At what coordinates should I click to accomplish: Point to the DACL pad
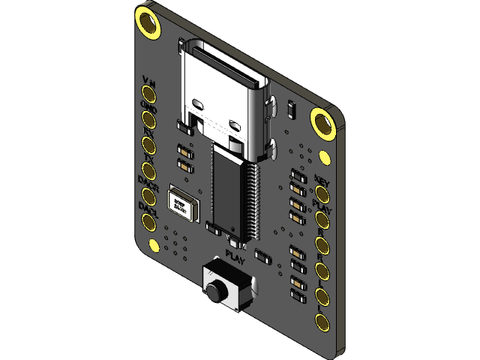click(148, 220)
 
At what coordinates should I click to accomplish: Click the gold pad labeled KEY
click(323, 195)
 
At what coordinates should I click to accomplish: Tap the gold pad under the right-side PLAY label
click(323, 220)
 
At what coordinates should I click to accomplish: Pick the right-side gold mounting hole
click(323, 124)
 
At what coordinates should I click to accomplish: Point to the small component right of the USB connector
click(292, 110)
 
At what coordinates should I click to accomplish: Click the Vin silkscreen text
click(148, 80)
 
